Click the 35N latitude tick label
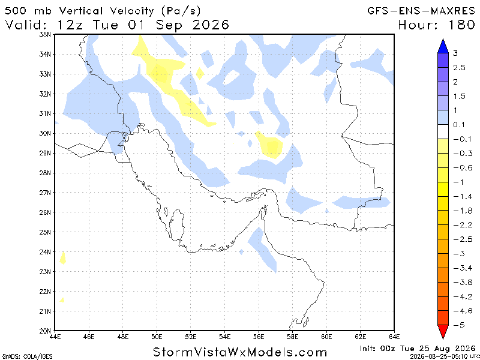[x=44, y=35]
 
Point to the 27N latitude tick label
[x=44, y=193]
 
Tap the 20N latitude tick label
[x=44, y=331]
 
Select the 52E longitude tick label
[x=190, y=337]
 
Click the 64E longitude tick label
[x=394, y=337]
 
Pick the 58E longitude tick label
[x=292, y=337]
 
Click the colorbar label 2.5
[x=459, y=68]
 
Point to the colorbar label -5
[x=458, y=325]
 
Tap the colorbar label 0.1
[x=459, y=125]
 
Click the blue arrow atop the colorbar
[x=443, y=46]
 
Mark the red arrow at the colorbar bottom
[x=443, y=332]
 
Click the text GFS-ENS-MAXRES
[x=421, y=11]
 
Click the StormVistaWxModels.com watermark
[x=239, y=352]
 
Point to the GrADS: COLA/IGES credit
[x=26, y=356]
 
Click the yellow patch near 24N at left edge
[x=63, y=258]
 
